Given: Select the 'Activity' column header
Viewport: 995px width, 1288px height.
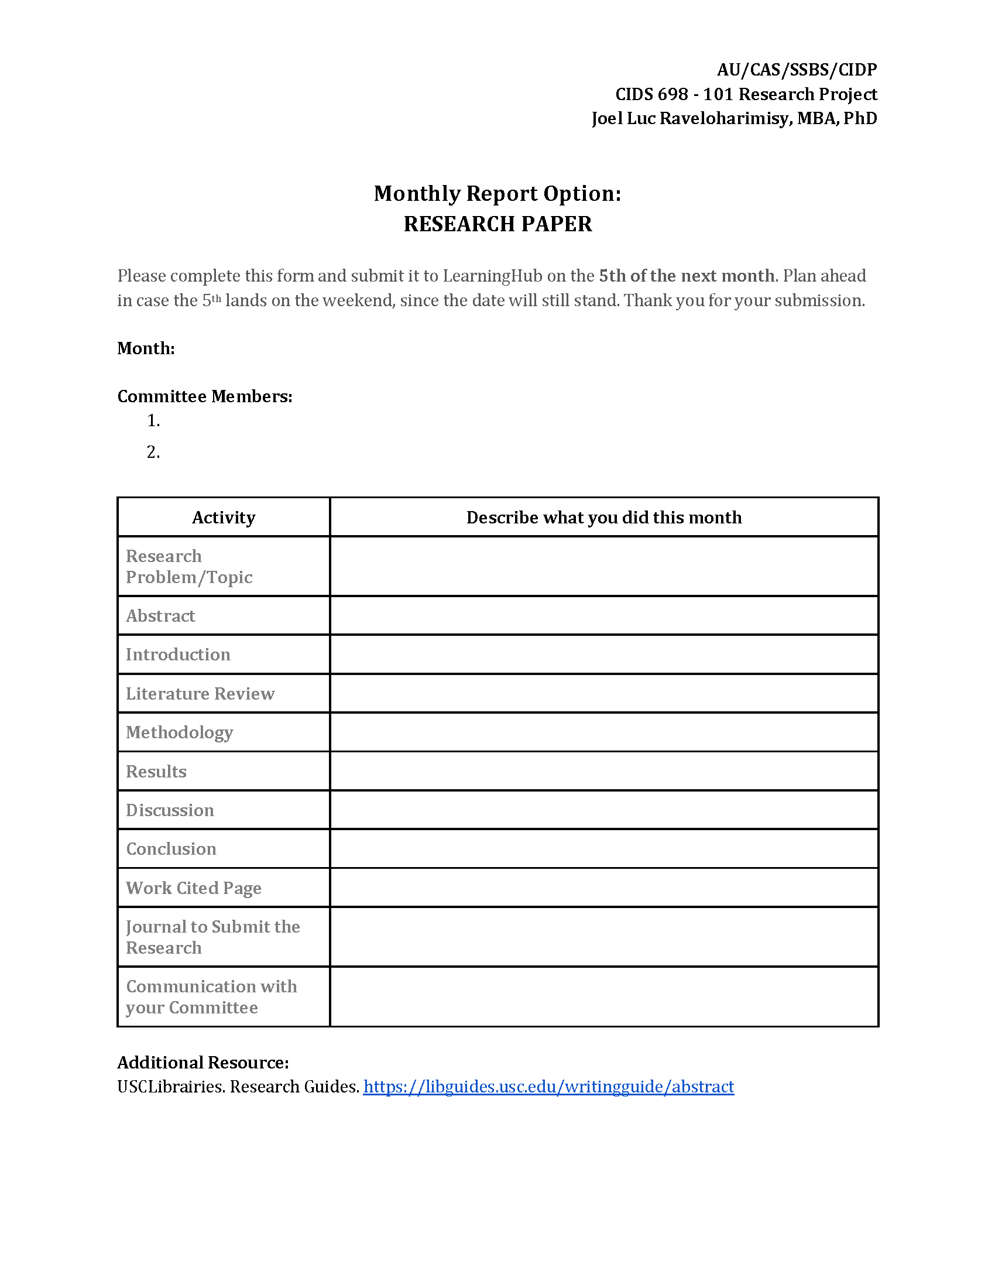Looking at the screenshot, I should click(x=224, y=517).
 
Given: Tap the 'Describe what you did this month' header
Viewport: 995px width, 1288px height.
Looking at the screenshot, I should click(x=603, y=517).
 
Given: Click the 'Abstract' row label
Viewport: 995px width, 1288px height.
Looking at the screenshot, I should click(x=160, y=616).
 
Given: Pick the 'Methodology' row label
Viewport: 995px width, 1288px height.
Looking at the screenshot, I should click(x=179, y=732).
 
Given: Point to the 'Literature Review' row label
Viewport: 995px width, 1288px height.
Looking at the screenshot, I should click(x=200, y=693).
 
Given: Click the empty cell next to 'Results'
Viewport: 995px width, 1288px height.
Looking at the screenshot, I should click(x=603, y=771).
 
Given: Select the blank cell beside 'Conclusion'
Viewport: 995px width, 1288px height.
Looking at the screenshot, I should click(x=603, y=849).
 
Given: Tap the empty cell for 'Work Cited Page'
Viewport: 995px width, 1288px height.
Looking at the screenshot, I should click(x=603, y=888).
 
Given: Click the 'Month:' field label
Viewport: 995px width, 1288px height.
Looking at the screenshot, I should click(x=146, y=348).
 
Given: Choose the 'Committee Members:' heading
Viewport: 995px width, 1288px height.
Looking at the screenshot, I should click(x=204, y=396).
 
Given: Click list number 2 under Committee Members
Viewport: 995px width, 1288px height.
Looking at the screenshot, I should click(x=153, y=452).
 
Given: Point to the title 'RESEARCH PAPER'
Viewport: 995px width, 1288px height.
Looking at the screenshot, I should click(x=497, y=224).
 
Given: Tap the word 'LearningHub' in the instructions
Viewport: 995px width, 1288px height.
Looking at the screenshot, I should click(x=492, y=276).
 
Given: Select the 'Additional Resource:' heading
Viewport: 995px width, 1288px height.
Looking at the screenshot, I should click(x=203, y=1062).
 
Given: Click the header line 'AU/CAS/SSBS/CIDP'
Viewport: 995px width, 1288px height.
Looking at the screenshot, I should click(x=797, y=70).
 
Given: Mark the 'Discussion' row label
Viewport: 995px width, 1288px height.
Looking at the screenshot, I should click(x=170, y=810).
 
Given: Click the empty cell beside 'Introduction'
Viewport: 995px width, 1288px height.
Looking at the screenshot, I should click(x=603, y=654).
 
